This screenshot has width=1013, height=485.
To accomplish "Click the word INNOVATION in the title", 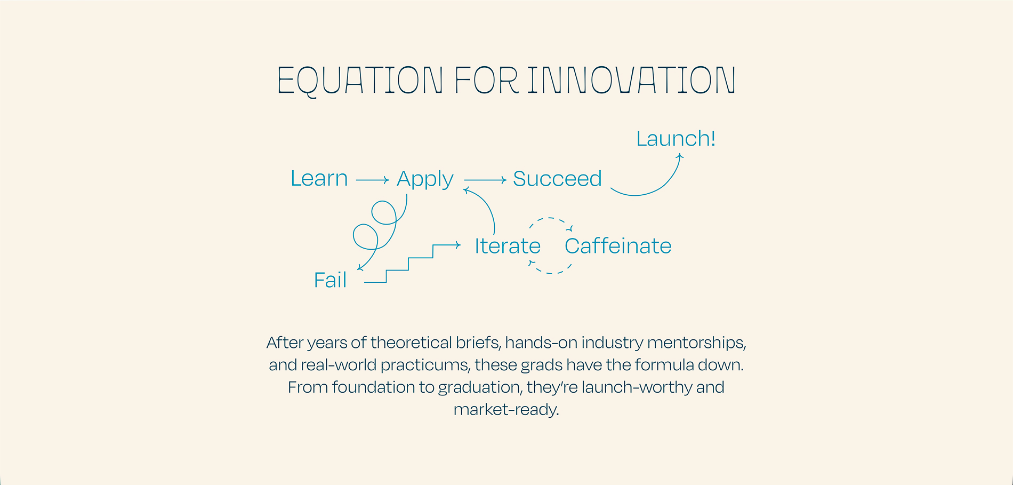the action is coord(632,81).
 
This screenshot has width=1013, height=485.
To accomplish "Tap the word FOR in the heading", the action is coord(486,81).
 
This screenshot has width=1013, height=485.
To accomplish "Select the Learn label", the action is coord(319,178).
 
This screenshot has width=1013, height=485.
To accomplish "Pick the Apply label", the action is coord(425,180).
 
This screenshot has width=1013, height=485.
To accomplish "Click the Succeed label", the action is coord(557,179).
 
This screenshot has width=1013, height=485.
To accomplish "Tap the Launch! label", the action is coord(676,139).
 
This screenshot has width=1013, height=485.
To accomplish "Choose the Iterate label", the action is coord(508,246).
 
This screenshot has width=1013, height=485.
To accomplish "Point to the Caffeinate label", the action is coord(618,246).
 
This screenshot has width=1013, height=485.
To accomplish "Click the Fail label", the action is coord(330,280).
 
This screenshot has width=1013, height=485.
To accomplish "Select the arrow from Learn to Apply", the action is coord(372,180).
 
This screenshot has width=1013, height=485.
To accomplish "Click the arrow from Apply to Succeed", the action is coord(485,180).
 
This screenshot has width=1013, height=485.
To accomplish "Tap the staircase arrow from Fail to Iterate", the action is coord(409,258).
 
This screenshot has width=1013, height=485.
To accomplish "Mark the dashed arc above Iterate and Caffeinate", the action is coord(550,218).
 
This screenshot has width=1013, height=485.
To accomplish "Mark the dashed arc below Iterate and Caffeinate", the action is coord(550,273).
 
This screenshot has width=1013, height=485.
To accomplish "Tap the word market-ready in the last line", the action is coord(506,410).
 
